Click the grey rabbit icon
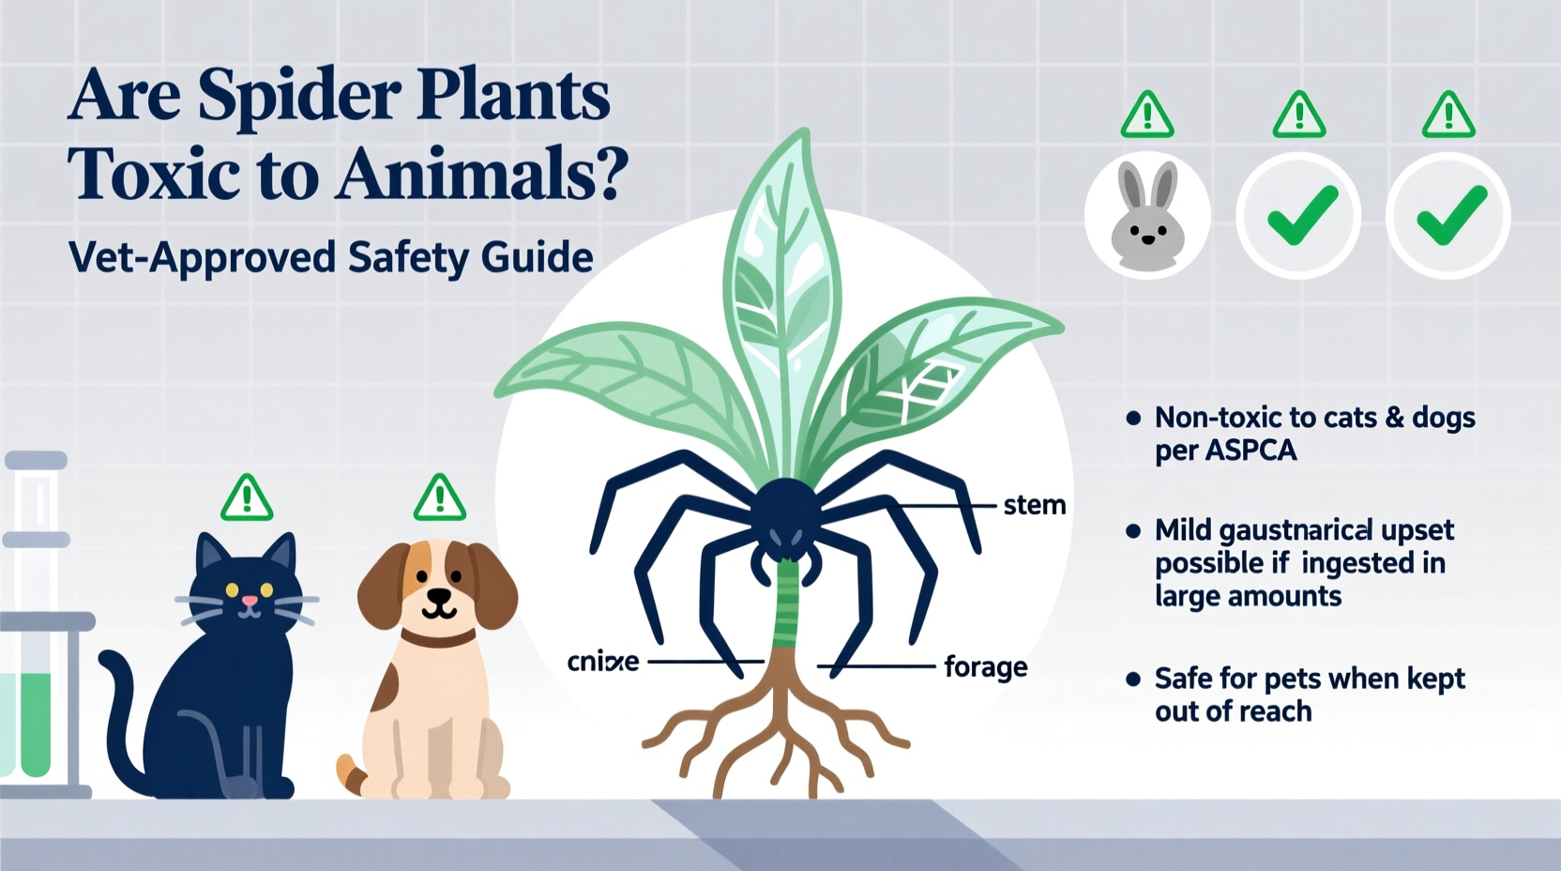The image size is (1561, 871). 1147,217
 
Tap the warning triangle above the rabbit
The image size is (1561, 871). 1147,116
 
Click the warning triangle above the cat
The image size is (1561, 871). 247,497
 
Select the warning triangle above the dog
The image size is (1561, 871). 439,497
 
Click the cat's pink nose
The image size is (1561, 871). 248,601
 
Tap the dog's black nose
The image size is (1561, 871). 438,596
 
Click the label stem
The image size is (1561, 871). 1034,505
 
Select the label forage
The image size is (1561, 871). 985,666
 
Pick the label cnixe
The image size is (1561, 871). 603,662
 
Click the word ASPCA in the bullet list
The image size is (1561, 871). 1251,451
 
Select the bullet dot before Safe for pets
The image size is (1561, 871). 1133,679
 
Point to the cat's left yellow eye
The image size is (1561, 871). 230,589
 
